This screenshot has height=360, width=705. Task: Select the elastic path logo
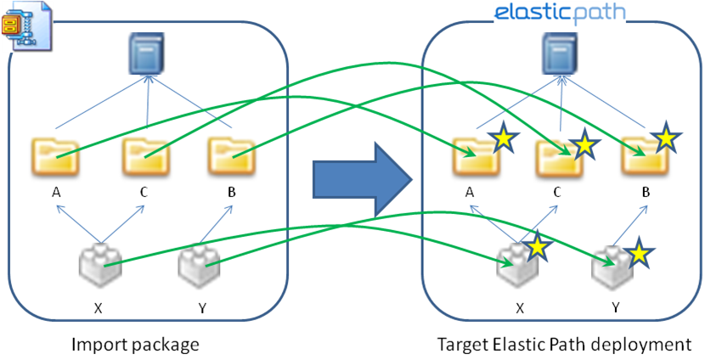click(561, 12)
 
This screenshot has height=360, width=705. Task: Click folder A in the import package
click(55, 155)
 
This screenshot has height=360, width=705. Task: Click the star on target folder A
click(503, 138)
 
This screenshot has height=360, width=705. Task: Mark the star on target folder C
click(584, 143)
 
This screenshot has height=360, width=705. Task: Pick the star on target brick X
click(536, 247)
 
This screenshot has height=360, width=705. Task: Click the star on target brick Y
click(640, 252)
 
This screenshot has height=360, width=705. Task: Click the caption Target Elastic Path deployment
click(564, 345)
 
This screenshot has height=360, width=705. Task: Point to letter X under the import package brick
click(99, 307)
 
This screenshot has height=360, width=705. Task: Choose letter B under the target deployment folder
click(645, 193)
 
